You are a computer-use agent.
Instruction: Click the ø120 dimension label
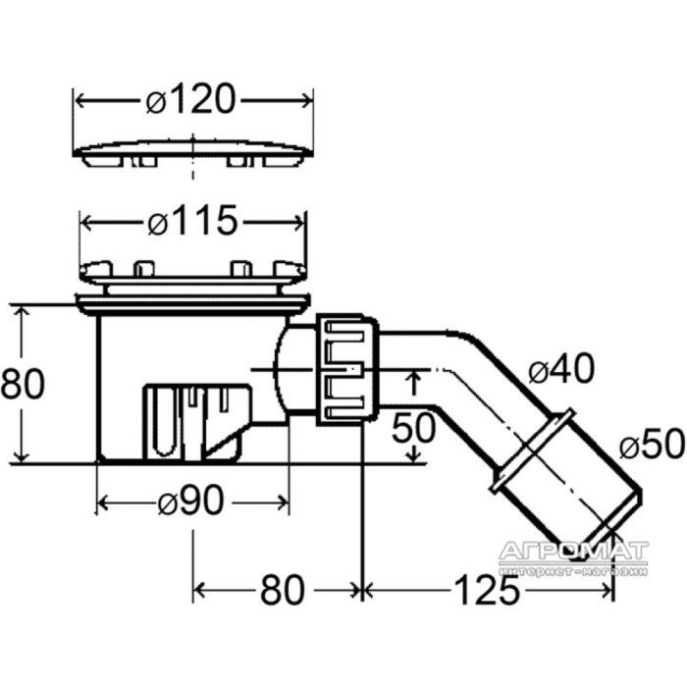[x=191, y=99]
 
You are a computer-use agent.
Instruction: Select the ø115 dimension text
[x=192, y=221]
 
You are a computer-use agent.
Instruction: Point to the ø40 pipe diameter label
[x=561, y=368]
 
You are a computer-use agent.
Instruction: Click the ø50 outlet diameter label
[x=652, y=444]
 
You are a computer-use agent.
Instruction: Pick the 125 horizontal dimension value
[x=487, y=590]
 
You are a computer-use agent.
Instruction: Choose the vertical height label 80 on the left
[x=23, y=383]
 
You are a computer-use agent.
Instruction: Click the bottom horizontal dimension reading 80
[x=283, y=590]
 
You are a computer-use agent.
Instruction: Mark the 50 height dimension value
[x=413, y=427]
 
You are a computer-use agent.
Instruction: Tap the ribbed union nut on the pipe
[x=347, y=370]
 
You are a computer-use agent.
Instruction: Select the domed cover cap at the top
[x=193, y=153]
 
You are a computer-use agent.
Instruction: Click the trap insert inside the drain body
[x=197, y=422]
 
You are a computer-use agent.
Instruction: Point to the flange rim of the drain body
[x=193, y=302]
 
